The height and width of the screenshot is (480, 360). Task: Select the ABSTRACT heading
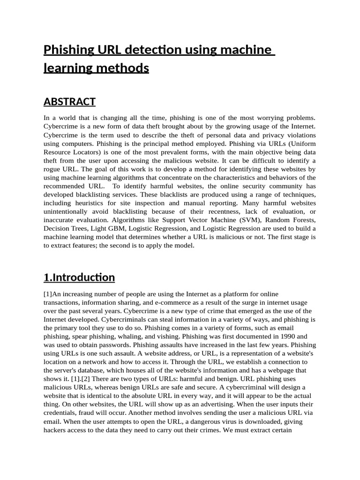69,102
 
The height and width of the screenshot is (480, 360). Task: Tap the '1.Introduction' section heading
79,277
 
